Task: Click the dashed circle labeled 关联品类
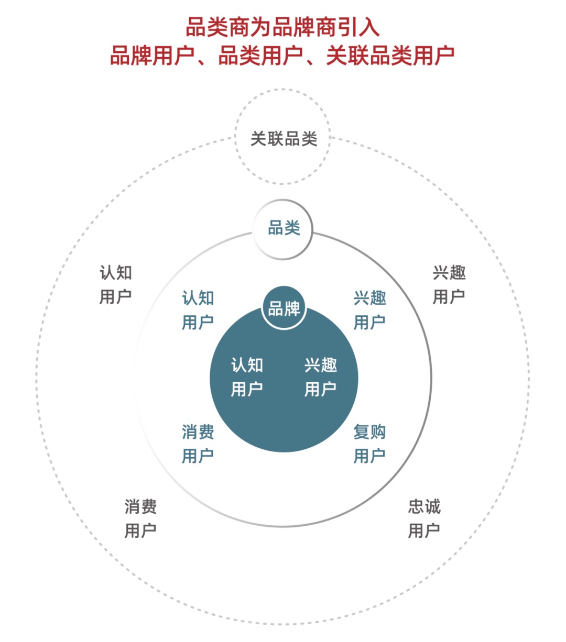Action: tap(283, 137)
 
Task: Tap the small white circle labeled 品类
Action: tap(283, 229)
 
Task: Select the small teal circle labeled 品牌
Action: tap(284, 308)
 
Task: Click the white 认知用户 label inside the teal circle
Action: tap(247, 377)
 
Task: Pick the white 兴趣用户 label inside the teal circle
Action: tap(320, 377)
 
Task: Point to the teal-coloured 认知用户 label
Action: tap(198, 310)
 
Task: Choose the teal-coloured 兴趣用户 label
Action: tap(369, 310)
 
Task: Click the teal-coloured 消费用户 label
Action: tap(198, 444)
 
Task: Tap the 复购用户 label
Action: tap(369, 444)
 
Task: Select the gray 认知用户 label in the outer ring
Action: tap(116, 284)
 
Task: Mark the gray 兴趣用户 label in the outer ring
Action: tap(449, 284)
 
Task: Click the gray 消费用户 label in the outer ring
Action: tap(140, 518)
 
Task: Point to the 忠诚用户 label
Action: tap(424, 518)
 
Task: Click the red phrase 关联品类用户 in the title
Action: tap(390, 56)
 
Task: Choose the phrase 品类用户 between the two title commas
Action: tap(260, 56)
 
